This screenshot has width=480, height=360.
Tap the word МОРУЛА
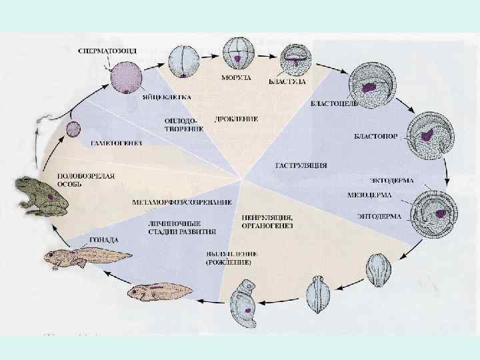237,78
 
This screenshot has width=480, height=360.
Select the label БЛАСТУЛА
287,81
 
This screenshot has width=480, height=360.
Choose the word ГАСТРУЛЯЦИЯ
300,165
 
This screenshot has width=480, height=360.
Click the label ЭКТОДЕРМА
391,181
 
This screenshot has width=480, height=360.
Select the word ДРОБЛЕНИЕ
237,119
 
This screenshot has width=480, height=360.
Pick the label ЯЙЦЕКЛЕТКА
167,97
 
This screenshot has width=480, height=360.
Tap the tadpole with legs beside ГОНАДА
73,257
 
